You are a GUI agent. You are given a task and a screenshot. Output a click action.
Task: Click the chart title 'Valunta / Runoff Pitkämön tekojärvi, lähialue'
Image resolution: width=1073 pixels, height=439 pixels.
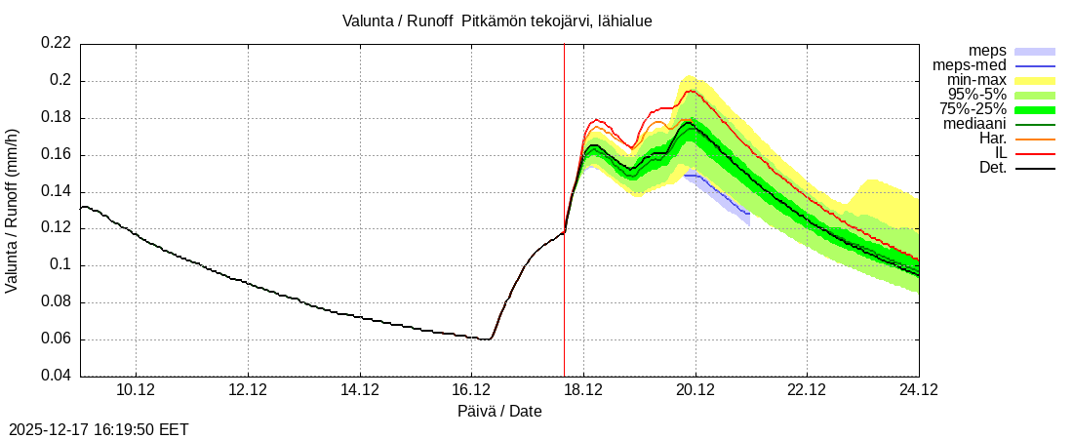click(x=497, y=20)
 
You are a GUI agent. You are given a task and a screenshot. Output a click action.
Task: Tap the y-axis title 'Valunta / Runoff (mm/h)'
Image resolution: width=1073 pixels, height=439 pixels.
click(x=13, y=211)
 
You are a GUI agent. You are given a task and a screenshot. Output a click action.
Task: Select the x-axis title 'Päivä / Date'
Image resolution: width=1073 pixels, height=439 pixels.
click(x=499, y=412)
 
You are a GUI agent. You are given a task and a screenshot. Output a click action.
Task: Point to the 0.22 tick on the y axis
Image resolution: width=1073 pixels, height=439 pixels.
click(x=56, y=44)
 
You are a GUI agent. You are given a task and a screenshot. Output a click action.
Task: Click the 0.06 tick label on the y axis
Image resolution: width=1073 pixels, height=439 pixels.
click(x=56, y=339)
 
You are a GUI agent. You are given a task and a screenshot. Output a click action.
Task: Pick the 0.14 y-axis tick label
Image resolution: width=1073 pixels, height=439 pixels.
click(x=56, y=192)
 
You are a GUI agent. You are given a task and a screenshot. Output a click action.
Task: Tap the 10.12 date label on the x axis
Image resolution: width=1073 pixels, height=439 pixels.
click(x=136, y=390)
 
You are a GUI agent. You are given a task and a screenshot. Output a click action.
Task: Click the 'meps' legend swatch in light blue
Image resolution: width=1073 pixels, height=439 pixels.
click(x=1035, y=51)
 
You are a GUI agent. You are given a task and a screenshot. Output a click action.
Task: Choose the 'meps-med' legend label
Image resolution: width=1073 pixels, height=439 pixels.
click(x=970, y=65)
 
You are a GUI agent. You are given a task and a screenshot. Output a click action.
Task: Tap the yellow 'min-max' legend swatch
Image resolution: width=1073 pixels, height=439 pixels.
click(x=1035, y=80)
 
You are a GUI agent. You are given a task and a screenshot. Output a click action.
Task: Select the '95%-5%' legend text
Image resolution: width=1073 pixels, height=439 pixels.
click(x=977, y=95)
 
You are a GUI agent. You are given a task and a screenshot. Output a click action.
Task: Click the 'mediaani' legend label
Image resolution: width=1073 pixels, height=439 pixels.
click(x=974, y=124)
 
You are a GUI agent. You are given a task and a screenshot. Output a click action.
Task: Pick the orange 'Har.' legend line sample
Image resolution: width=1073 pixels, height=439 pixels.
click(x=1035, y=139)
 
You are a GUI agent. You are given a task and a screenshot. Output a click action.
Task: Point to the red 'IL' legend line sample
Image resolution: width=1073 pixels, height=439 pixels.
click(x=1035, y=153)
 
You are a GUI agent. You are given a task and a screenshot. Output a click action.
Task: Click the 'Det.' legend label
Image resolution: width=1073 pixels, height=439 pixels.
click(x=992, y=168)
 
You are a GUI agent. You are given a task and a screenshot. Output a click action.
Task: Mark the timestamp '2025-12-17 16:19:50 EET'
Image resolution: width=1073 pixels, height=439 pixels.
click(x=99, y=429)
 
